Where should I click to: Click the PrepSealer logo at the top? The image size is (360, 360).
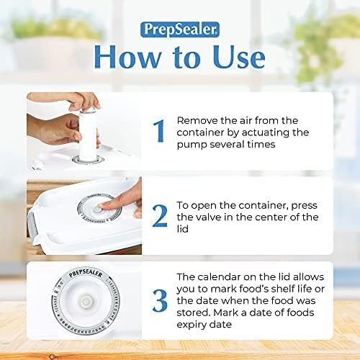pos(179,31)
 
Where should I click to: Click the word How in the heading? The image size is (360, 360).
pos(125,57)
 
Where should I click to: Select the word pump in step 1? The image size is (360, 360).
pos(192,145)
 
